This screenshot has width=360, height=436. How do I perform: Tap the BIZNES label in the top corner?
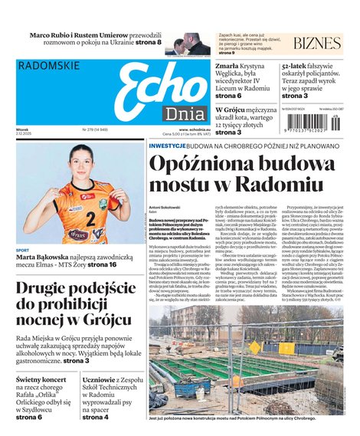[x=316, y=44]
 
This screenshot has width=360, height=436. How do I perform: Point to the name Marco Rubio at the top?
[x=56, y=36]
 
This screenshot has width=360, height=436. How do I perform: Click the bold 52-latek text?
[x=296, y=67]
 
